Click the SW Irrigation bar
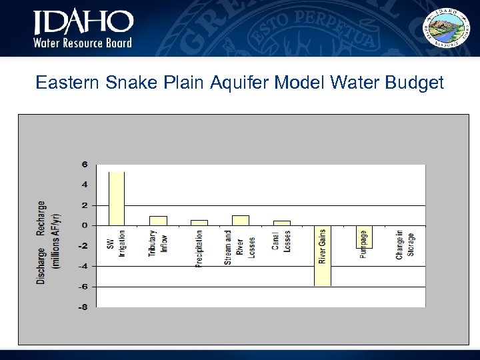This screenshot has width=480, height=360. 117,199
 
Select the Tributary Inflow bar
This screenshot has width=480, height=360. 158,221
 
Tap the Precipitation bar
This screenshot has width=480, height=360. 199,223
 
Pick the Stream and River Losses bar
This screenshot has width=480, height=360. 240,221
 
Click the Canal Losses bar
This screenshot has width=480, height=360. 281,223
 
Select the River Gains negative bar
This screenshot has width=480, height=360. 323,256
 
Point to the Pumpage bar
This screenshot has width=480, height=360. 364,237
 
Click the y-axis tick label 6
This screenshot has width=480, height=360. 85,165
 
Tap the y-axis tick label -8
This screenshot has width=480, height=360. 83,307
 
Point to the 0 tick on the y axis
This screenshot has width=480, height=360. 85,226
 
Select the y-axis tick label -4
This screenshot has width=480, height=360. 83,266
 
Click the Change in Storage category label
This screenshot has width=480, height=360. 405,245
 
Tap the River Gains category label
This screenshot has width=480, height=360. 323,247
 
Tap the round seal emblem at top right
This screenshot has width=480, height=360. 447,28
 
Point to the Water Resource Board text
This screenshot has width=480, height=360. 83,43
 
